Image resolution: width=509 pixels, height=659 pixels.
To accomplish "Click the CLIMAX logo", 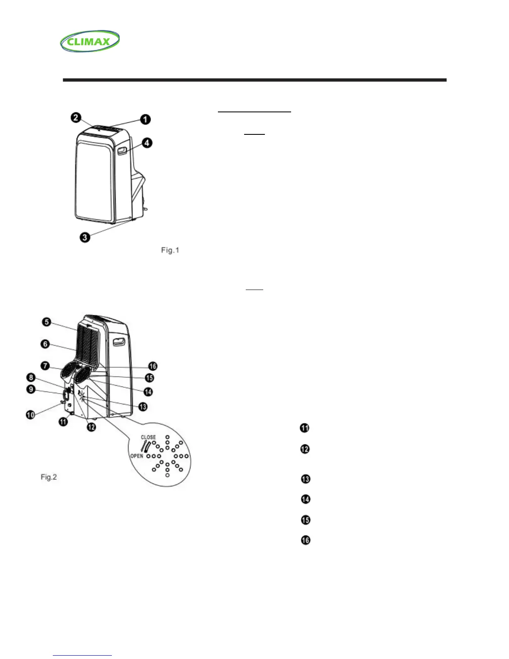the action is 90,41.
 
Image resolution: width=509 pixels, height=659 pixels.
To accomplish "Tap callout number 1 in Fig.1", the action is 145,119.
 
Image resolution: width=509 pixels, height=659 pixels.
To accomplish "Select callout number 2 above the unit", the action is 76,118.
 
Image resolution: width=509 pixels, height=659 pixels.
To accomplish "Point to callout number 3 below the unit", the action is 85,238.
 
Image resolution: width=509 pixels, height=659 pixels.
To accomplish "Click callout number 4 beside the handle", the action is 146,143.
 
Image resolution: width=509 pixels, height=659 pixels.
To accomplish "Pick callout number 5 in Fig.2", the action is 47,322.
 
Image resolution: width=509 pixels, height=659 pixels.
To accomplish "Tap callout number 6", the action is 45,344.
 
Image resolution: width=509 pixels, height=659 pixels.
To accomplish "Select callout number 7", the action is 45,366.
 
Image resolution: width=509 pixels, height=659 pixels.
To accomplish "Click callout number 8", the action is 31,378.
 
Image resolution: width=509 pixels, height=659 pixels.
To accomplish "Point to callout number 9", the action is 31,390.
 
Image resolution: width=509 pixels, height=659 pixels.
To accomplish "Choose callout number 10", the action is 30,414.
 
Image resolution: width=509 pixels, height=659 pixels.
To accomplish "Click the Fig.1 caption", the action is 170,250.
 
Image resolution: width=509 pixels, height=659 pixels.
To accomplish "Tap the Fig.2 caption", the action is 49,477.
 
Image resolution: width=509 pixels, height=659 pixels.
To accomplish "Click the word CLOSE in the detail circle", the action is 148,437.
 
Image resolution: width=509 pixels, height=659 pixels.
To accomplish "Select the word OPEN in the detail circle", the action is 137,456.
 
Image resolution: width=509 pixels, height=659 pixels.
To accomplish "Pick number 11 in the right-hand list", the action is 305,428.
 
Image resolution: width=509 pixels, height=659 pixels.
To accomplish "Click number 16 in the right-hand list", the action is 306,540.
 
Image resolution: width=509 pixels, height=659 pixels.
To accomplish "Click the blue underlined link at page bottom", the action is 83,655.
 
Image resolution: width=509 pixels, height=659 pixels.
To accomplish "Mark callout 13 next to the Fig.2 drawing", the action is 143,406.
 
